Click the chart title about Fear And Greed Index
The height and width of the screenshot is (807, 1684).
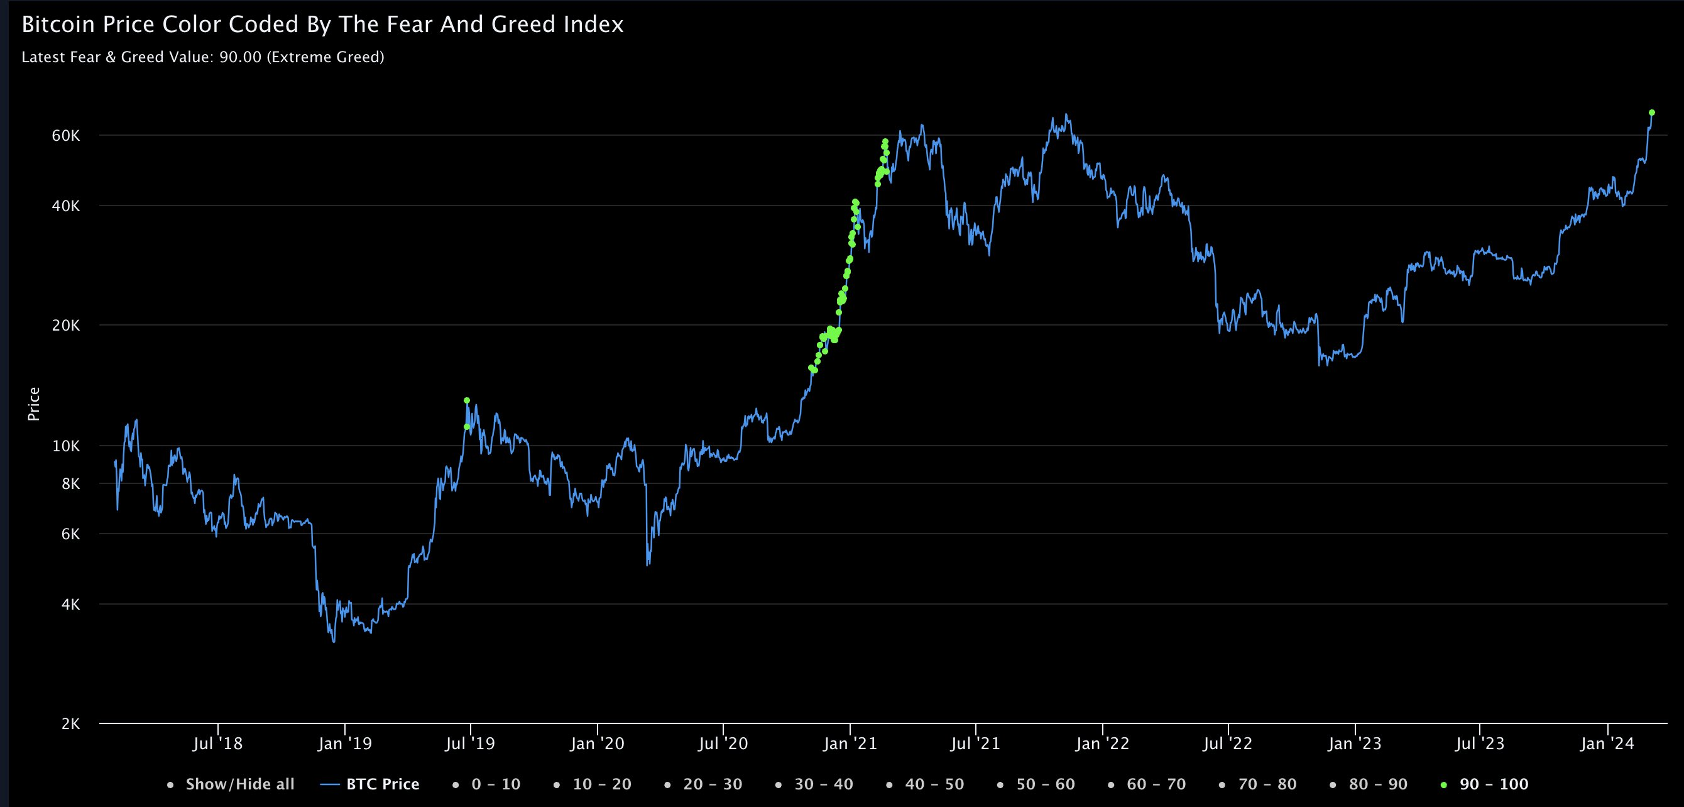pos(322,25)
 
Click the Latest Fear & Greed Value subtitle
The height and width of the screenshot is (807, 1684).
pos(203,58)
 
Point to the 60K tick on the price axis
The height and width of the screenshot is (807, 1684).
pos(66,136)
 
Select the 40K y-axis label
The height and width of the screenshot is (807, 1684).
pos(66,206)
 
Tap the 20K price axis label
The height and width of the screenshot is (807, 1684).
pos(66,326)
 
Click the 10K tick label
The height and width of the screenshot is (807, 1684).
pos(66,446)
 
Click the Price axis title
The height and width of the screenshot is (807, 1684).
pos(34,404)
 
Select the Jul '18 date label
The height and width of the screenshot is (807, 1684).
pos(217,744)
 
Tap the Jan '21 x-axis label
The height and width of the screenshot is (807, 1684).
pos(850,744)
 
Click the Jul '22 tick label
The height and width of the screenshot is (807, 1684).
pos(1228,744)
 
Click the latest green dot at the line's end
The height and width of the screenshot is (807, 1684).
pos(1652,113)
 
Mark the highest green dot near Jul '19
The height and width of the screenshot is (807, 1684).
pos(467,400)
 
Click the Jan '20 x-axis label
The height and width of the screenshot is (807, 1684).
pos(597,744)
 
